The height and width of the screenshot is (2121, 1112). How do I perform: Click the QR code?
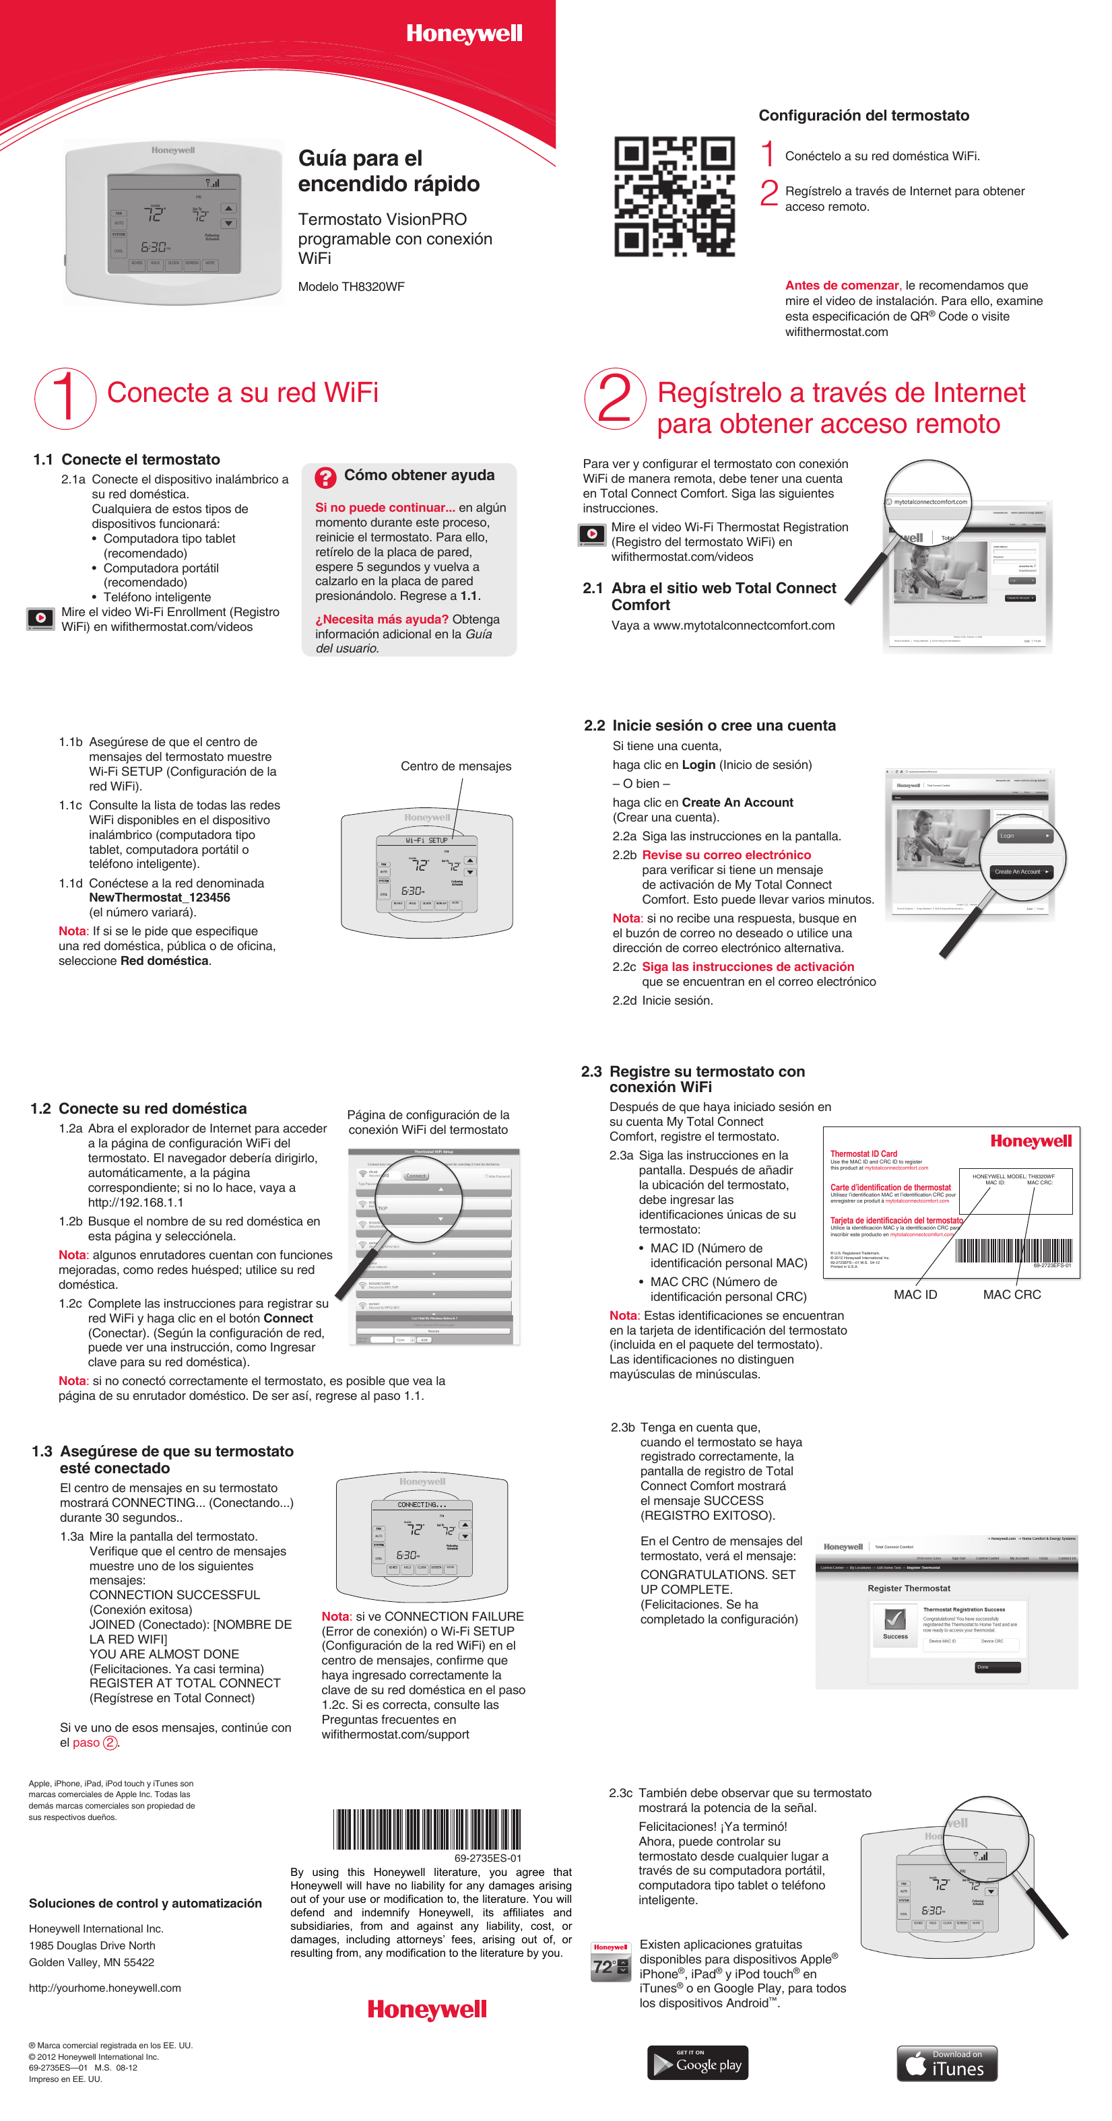[674, 197]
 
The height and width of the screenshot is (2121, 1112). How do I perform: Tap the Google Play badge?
[698, 2062]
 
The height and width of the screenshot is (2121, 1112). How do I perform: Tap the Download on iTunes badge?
[946, 2063]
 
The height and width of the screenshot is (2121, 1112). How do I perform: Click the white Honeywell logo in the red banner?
[464, 34]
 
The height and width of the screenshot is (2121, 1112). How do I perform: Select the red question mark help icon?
[325, 477]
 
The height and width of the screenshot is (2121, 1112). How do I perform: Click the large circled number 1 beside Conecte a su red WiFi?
[65, 398]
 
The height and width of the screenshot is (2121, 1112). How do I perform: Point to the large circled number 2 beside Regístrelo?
[614, 399]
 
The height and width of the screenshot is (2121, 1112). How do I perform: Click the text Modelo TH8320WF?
[351, 287]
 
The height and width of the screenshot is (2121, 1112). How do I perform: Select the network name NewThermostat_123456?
[159, 898]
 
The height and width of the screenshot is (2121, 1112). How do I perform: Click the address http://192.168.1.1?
[136, 1202]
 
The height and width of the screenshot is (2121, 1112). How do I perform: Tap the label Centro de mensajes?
[455, 766]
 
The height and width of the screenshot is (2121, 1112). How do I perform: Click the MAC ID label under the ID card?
[915, 1294]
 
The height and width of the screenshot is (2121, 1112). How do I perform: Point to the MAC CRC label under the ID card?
[1012, 1294]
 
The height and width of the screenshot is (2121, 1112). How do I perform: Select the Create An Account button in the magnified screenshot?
[1020, 871]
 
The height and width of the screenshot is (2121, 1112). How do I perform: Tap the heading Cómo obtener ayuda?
[418, 475]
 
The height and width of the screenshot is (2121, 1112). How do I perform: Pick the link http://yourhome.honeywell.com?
[104, 1988]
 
